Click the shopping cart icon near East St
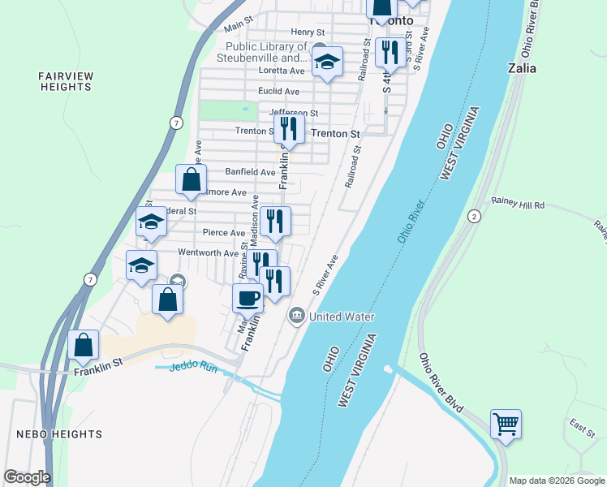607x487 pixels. (x=506, y=423)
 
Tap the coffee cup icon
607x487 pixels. (x=248, y=297)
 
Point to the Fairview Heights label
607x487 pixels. (x=66, y=81)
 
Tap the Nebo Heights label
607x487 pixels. (x=59, y=434)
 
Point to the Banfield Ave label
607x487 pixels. (x=251, y=172)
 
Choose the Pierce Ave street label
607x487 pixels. (x=224, y=233)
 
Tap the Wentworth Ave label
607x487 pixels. (x=209, y=252)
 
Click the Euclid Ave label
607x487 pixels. (x=278, y=92)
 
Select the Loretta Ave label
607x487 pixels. (x=280, y=71)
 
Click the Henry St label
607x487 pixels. (x=308, y=32)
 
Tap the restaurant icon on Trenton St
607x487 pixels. (x=289, y=128)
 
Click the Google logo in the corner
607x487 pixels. (x=27, y=476)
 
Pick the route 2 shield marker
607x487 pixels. (x=473, y=215)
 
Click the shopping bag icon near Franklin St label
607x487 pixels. (x=84, y=344)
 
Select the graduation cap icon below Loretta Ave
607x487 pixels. (x=327, y=62)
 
